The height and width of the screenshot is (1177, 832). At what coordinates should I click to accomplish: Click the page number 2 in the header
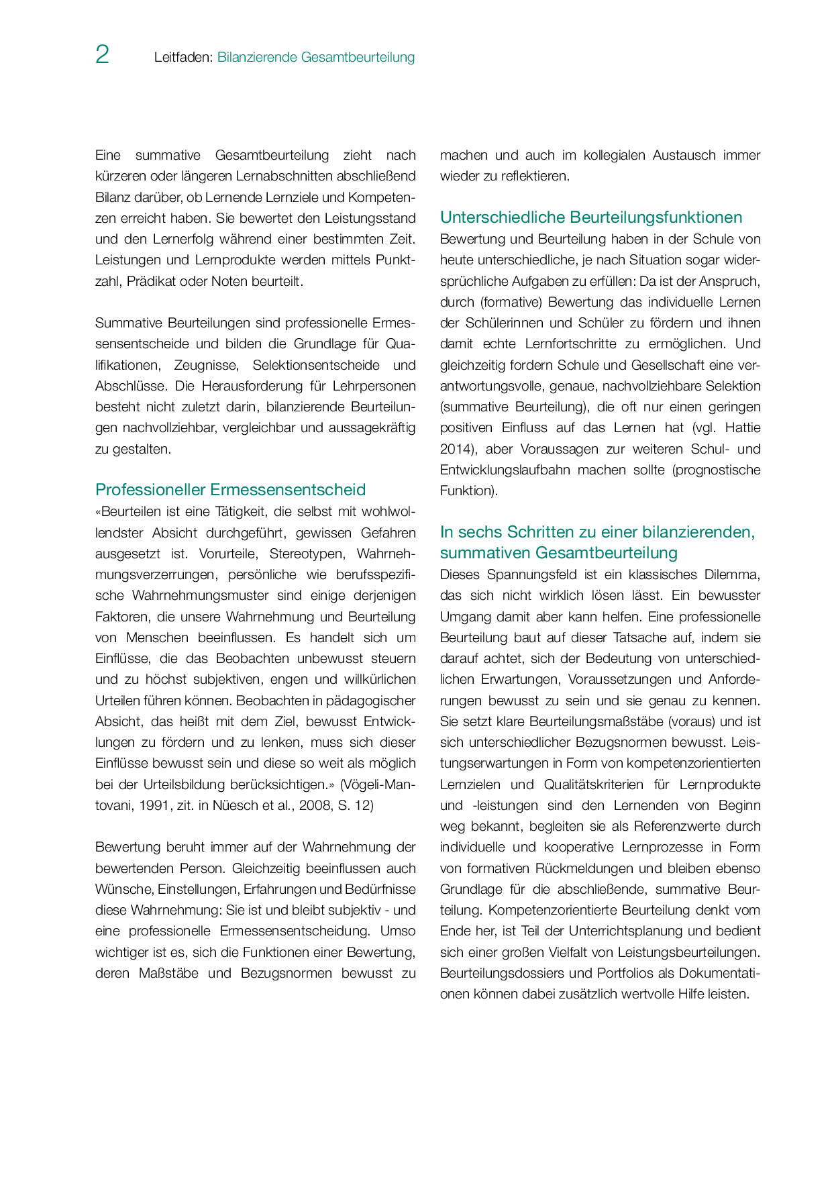102,55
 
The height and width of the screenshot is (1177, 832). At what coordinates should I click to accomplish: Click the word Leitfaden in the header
183,58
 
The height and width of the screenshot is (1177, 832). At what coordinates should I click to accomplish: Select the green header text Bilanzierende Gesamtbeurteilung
316,58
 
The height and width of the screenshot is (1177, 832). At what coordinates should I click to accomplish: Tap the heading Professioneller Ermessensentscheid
230,490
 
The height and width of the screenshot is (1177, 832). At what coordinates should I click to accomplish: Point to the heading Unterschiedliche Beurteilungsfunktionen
591,217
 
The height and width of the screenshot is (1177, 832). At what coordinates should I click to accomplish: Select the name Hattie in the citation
743,428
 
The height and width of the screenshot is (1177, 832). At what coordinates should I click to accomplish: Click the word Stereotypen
307,554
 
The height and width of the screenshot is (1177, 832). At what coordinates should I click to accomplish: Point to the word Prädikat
151,282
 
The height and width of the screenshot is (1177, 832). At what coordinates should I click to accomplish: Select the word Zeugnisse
205,366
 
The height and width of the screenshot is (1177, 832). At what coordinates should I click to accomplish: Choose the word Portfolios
633,974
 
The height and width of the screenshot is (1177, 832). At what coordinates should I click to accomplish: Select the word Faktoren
121,617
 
